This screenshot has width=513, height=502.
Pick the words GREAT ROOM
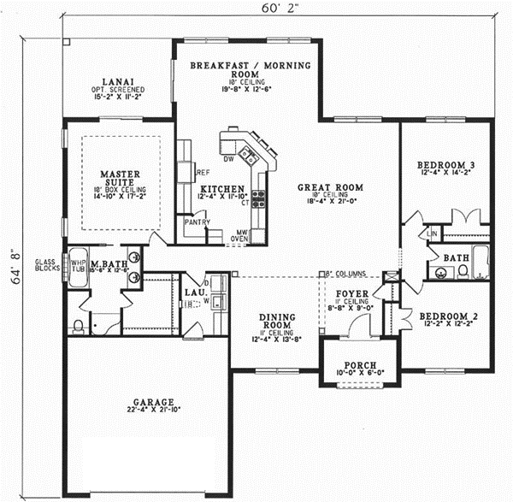[x=331, y=186]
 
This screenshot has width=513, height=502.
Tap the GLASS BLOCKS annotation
[x=44, y=266]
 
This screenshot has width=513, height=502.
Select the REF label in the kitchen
[x=203, y=172]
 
